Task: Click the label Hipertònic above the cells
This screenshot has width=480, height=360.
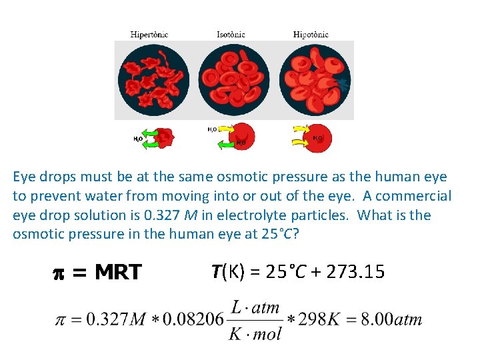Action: point(149,34)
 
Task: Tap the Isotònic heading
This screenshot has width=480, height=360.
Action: point(231,34)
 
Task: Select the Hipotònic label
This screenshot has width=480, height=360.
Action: point(311,34)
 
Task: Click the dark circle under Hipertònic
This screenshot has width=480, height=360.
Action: point(153,80)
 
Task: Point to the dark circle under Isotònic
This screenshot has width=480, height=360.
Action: point(234,80)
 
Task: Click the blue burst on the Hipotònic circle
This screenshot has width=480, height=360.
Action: point(342,83)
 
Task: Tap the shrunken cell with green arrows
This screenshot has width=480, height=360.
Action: point(164,138)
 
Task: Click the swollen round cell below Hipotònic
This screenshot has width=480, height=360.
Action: point(319,137)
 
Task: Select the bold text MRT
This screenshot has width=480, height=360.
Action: point(118,272)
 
